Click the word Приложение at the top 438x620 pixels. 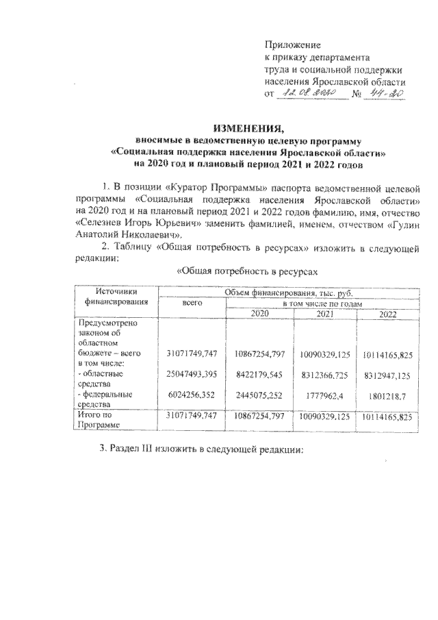(x=288, y=45)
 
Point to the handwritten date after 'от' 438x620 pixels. (x=311, y=92)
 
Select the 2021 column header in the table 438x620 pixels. (x=325, y=312)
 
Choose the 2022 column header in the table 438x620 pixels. (x=387, y=312)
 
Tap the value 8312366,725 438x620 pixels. (x=325, y=375)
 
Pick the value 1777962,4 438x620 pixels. (x=325, y=395)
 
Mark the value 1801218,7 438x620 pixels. (x=387, y=395)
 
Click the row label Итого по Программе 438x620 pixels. (x=103, y=420)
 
